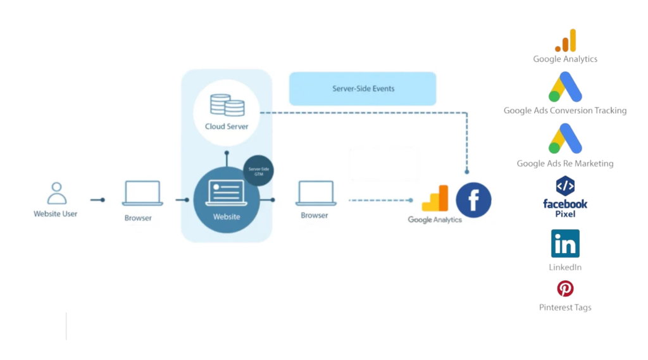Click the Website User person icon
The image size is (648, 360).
(56, 193)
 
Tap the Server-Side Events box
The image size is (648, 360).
(363, 89)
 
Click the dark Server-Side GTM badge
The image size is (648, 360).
(258, 170)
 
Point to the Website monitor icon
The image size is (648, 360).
(226, 193)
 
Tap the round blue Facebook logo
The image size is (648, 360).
(473, 200)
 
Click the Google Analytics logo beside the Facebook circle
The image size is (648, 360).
(435, 198)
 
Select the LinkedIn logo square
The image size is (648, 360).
(565, 244)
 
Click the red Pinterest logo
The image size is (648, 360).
(565, 289)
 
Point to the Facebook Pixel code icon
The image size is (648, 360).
(565, 186)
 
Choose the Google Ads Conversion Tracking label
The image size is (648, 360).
(565, 111)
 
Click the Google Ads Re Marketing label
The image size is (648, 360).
(565, 163)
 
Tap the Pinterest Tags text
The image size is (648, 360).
(565, 307)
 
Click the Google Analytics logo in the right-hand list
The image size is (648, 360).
(566, 40)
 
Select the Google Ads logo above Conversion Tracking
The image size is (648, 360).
(565, 87)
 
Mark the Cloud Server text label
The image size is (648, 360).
(227, 127)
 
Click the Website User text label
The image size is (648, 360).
(56, 214)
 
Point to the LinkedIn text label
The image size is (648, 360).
(565, 268)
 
